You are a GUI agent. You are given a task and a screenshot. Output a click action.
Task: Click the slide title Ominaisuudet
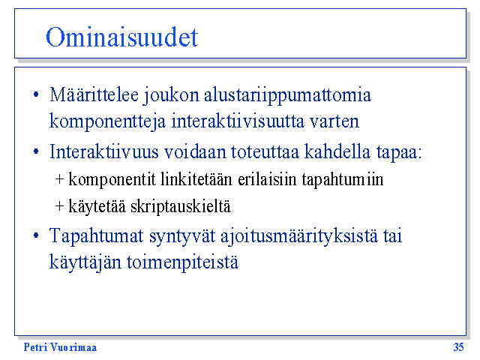pyautogui.click(x=121, y=37)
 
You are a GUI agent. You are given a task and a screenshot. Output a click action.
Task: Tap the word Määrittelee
pyautogui.click(x=94, y=94)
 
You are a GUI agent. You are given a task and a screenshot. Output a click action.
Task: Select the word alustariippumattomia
pyautogui.click(x=287, y=95)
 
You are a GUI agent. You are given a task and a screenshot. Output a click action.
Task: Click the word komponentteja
pyautogui.click(x=107, y=121)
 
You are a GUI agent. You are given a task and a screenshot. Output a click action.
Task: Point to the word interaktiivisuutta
pyautogui.click(x=238, y=121)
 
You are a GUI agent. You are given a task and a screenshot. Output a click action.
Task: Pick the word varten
pyautogui.click(x=334, y=121)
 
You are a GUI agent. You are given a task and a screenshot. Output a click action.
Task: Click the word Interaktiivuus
pyautogui.click(x=104, y=151)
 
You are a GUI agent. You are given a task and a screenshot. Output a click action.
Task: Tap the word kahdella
pyautogui.click(x=337, y=151)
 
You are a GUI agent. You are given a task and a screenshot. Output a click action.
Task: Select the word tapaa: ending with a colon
pyautogui.click(x=399, y=152)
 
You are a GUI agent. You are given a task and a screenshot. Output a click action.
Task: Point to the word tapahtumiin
pyautogui.click(x=343, y=180)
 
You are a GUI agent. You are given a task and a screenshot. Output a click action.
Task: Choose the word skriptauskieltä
pyautogui.click(x=181, y=206)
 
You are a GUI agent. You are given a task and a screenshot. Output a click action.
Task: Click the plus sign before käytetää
pyautogui.click(x=59, y=206)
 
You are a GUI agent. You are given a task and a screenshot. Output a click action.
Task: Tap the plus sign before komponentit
pyautogui.click(x=59, y=179)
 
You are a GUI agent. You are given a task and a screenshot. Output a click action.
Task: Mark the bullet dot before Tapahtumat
pyautogui.click(x=36, y=235)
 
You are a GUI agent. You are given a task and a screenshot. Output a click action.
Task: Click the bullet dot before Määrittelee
pyautogui.click(x=36, y=94)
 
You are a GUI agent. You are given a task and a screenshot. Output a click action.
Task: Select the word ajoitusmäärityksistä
pyautogui.click(x=299, y=236)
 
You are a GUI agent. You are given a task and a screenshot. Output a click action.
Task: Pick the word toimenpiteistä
pyautogui.click(x=182, y=262)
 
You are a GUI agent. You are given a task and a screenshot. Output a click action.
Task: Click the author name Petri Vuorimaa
pyautogui.click(x=60, y=347)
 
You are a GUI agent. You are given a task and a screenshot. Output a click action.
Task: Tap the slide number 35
pyautogui.click(x=458, y=347)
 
